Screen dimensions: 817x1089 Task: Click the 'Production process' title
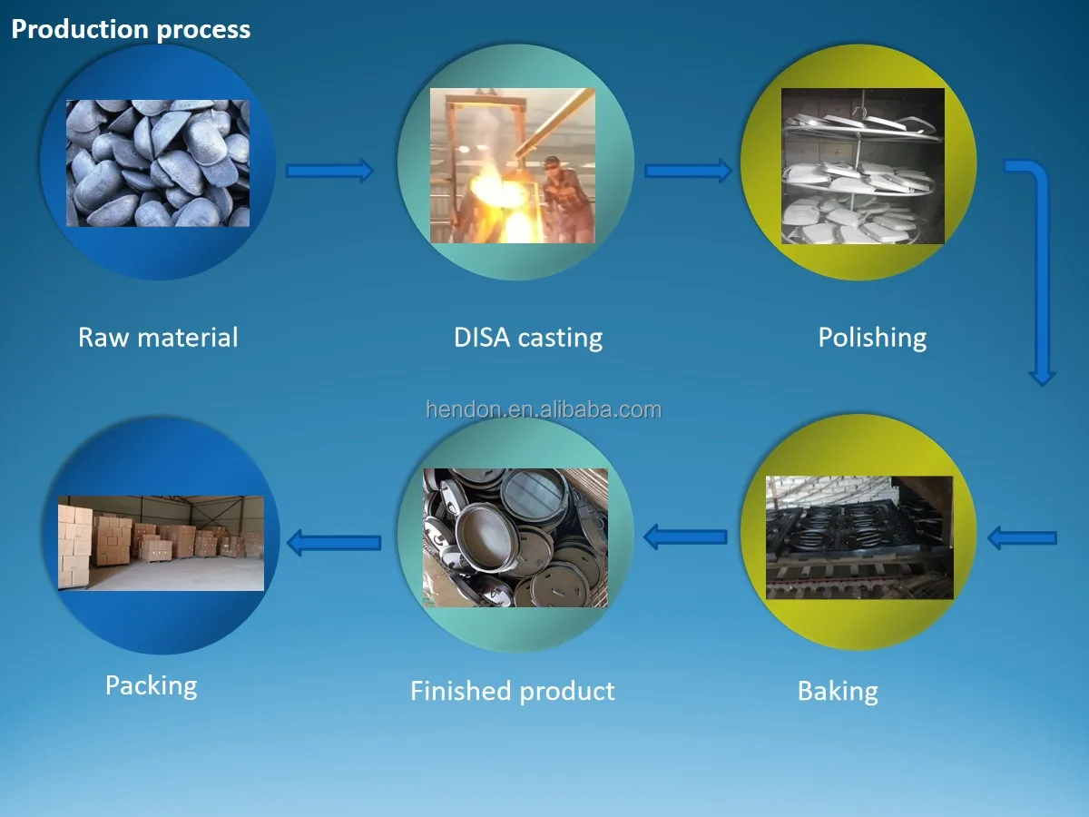pos(131,29)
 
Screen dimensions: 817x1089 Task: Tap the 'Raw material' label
pos(158,338)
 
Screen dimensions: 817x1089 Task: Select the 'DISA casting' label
pos(528,338)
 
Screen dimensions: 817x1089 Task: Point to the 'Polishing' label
pos(872,338)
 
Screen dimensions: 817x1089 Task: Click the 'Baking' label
pos(838,691)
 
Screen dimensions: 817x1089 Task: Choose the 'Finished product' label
pos(513,691)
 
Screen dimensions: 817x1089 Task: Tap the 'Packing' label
pos(151,684)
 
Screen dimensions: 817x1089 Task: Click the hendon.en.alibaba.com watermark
pos(544,409)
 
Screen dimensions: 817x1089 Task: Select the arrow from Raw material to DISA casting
pos(329,170)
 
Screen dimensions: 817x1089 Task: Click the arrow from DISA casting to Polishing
pos(688,170)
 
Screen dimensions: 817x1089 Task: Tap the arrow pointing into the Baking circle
pos(1022,538)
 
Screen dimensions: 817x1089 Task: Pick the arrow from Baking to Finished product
pos(686,537)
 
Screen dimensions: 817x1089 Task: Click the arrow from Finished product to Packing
pos(333,543)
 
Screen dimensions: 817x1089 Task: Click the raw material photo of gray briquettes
pos(158,163)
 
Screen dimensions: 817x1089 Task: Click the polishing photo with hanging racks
pos(862,166)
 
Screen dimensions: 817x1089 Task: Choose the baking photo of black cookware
pos(858,537)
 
